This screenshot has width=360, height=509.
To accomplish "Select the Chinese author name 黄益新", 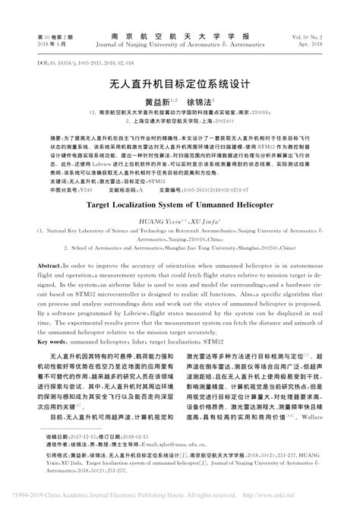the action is [160, 100].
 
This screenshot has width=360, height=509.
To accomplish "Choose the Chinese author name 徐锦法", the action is [201, 100].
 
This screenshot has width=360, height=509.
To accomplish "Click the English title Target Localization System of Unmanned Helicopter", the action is [180, 204].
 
